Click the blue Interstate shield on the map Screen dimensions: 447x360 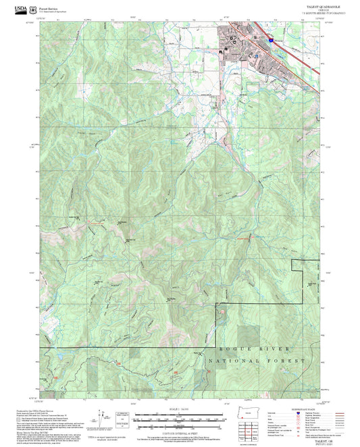point(270,41)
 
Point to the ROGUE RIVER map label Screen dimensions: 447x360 point(256,348)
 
